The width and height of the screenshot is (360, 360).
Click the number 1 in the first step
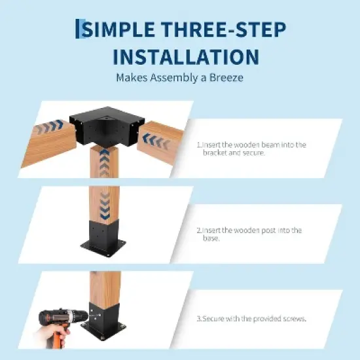point(198,145)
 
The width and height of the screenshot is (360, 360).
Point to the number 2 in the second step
point(198,230)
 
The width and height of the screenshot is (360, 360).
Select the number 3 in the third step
point(198,319)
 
